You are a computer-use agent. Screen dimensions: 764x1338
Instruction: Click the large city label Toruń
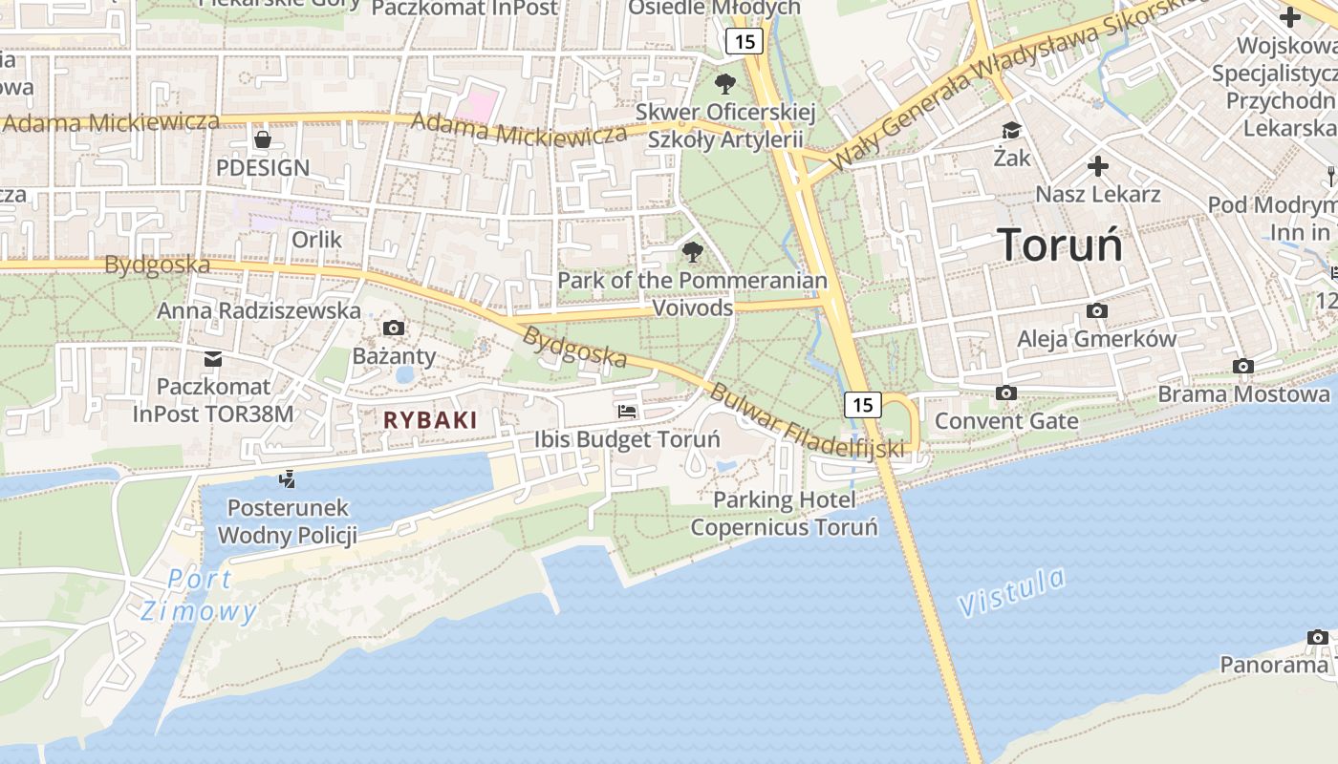tap(1060, 244)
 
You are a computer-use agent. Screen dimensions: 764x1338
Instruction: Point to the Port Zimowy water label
tap(199, 594)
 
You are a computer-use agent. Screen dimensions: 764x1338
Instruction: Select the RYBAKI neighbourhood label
tap(430, 419)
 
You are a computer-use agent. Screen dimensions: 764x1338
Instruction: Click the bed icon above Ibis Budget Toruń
tap(627, 412)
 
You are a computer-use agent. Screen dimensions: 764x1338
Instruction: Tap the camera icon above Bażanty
tap(393, 329)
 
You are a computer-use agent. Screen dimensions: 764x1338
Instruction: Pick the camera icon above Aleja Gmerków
tap(1097, 310)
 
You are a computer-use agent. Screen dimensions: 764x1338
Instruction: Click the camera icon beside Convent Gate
tap(1005, 393)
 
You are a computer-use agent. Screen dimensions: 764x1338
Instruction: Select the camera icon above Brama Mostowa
tap(1242, 366)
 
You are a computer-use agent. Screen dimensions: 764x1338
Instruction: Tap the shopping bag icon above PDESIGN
tap(263, 139)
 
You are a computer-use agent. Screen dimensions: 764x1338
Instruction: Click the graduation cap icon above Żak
tap(1011, 130)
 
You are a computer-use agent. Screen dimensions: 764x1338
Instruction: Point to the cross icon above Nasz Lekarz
tap(1098, 166)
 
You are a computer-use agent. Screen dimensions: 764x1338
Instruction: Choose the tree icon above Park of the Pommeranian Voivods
tap(692, 252)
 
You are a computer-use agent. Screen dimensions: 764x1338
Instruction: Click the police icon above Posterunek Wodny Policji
tap(287, 478)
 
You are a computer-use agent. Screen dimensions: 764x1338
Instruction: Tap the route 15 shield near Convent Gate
tap(862, 405)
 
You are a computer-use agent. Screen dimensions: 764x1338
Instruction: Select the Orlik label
tap(316, 239)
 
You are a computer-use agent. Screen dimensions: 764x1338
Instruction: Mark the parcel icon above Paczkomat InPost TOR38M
tap(213, 359)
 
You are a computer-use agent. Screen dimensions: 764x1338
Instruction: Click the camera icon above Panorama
tap(1318, 637)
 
